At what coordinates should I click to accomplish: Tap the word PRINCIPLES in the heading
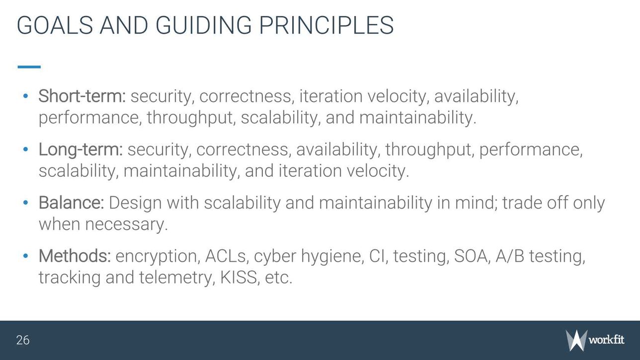click(x=326, y=25)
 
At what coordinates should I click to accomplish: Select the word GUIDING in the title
click(x=203, y=25)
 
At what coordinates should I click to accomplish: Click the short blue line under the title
click(x=29, y=67)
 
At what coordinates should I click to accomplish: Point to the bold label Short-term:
click(x=82, y=96)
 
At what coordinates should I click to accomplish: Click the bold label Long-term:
click(x=80, y=149)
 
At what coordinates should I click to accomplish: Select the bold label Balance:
click(x=71, y=203)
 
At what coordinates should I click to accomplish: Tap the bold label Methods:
click(x=75, y=256)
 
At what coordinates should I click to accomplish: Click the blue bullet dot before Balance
click(x=26, y=203)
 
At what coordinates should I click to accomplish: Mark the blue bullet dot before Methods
click(x=26, y=256)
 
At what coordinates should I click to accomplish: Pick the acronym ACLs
click(x=226, y=256)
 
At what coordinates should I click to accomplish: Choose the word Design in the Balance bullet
click(x=136, y=203)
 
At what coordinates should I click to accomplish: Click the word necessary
click(x=126, y=224)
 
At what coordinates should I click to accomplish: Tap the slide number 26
click(x=23, y=340)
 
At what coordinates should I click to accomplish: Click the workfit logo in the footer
click(x=595, y=340)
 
